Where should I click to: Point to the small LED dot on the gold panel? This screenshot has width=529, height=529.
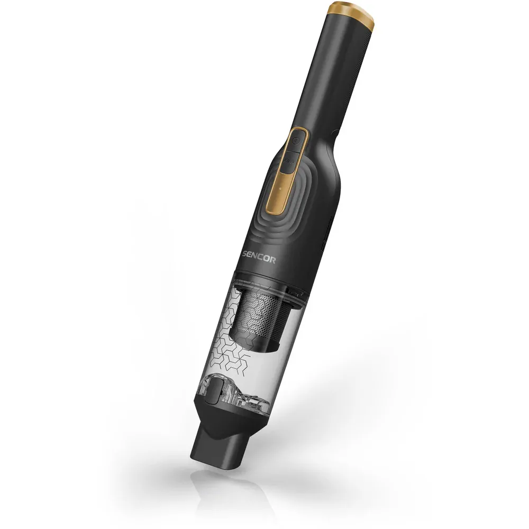(x=279, y=189)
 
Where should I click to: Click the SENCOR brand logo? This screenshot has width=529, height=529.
(x=259, y=258)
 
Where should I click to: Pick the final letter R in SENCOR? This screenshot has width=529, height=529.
(x=272, y=260)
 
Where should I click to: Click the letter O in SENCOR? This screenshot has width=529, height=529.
(x=266, y=259)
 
